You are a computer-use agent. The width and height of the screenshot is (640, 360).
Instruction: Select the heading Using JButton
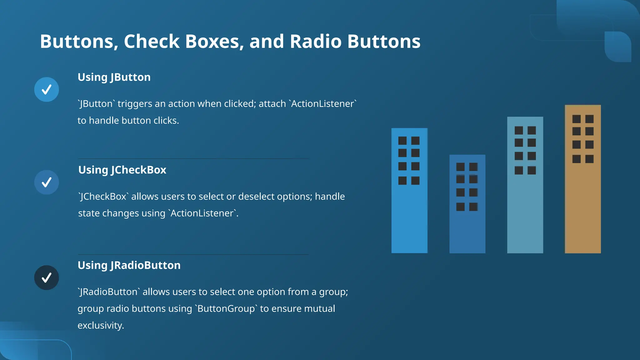tap(114, 77)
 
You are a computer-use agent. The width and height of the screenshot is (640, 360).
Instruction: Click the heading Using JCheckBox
tap(122, 170)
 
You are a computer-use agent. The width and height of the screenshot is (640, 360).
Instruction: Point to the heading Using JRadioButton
tap(129, 265)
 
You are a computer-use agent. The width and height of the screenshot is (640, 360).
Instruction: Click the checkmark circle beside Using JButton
tap(47, 90)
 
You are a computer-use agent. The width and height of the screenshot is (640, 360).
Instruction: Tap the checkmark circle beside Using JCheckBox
tap(47, 182)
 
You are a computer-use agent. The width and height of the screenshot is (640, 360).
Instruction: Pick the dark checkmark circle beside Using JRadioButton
tap(47, 277)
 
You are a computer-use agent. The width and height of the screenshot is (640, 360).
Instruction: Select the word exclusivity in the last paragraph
tap(101, 326)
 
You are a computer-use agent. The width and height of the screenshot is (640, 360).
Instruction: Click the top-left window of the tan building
tap(576, 119)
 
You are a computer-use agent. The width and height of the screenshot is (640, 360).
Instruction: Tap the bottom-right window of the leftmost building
tap(415, 181)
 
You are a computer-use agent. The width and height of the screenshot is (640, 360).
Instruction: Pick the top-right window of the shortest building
tap(473, 167)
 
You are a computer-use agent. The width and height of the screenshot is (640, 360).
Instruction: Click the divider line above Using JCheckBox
tap(193, 159)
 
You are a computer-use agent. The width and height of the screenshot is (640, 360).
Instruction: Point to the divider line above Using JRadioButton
tap(193, 254)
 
